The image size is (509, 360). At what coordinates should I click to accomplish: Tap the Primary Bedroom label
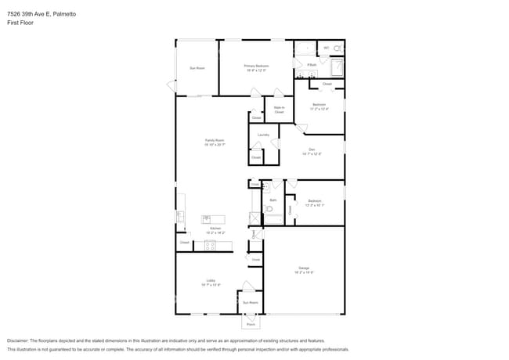(255, 67)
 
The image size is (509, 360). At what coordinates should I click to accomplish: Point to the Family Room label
(215, 142)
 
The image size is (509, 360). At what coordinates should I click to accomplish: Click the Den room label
(312, 151)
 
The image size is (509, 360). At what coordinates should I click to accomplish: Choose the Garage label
(304, 270)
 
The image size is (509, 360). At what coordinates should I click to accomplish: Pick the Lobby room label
(211, 282)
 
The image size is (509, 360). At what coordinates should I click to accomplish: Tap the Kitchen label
(215, 230)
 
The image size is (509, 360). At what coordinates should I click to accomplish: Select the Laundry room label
(263, 135)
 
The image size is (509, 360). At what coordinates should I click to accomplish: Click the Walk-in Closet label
(279, 110)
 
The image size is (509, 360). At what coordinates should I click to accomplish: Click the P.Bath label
(311, 64)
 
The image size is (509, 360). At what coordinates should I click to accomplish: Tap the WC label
(327, 48)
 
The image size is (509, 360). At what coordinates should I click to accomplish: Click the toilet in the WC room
(338, 49)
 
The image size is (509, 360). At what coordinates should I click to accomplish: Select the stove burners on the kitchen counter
(209, 246)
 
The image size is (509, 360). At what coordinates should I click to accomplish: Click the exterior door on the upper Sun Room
(170, 85)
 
